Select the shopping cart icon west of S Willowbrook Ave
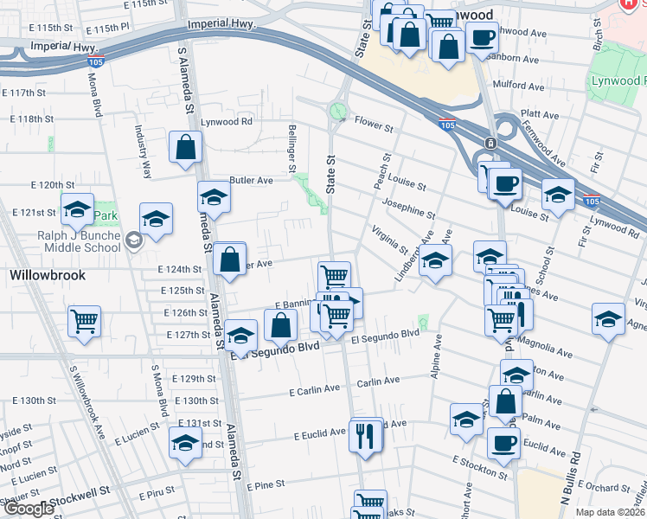[85, 321]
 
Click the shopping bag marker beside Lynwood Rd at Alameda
[185, 148]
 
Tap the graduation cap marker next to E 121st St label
[77, 209]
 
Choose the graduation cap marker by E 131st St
[185, 443]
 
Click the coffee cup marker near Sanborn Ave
[482, 37]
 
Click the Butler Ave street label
[251, 180]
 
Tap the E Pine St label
[266, 487]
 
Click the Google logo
[29, 509]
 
